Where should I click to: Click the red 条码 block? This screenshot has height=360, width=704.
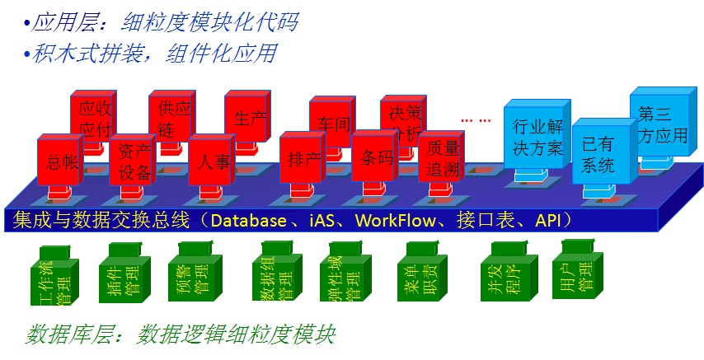(x=375, y=159)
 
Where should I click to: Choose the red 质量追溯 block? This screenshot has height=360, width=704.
(x=441, y=158)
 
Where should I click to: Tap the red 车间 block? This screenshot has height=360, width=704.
(x=332, y=122)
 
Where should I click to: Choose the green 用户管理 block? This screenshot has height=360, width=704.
(x=582, y=270)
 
